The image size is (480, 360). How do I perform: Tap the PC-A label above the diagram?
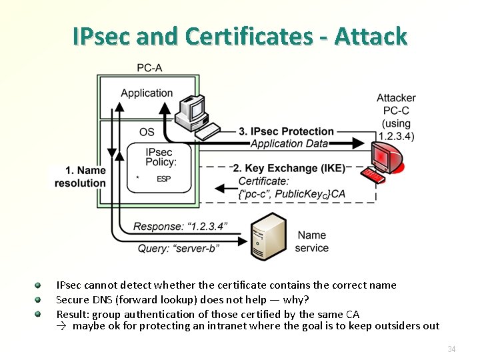pyautogui.click(x=149, y=67)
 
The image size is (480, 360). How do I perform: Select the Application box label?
pyautogui.click(x=147, y=93)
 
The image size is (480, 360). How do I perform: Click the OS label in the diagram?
pyautogui.click(x=147, y=132)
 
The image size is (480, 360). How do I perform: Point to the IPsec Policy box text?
pyautogui.click(x=161, y=157)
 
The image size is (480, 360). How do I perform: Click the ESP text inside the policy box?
pyautogui.click(x=163, y=179)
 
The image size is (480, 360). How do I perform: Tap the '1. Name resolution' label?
pyautogui.click(x=80, y=177)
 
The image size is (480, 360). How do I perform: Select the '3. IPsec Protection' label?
pyautogui.click(x=287, y=131)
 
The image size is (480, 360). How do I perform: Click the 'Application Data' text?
pyautogui.click(x=289, y=143)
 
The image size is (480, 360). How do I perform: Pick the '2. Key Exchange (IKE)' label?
pyautogui.click(x=289, y=168)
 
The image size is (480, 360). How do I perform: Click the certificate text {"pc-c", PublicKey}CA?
pyautogui.click(x=291, y=194)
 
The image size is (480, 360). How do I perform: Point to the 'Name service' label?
pyautogui.click(x=312, y=241)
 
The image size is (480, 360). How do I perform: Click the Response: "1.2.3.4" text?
pyautogui.click(x=180, y=227)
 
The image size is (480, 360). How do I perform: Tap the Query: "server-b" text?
pyautogui.click(x=179, y=248)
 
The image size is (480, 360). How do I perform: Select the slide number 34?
pyautogui.click(x=451, y=349)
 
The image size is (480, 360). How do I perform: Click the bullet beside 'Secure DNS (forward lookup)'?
pyautogui.click(x=39, y=299)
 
